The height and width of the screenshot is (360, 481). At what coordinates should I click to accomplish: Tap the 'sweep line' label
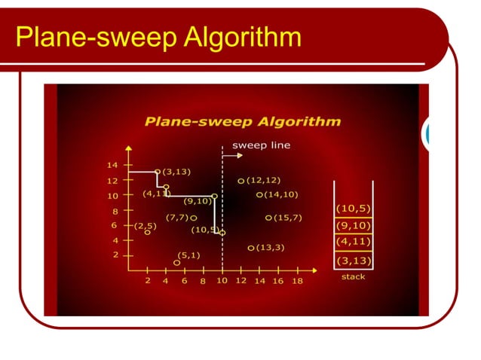261,145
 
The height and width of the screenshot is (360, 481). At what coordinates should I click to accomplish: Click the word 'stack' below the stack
353,276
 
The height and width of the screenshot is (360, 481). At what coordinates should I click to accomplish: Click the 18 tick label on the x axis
297,281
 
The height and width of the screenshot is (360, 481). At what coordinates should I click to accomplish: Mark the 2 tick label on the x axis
148,281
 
